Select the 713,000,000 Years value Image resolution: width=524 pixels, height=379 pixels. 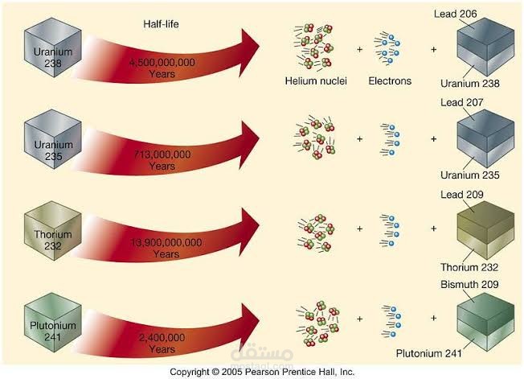[x=162, y=160]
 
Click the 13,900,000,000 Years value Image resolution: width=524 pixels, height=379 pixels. [x=166, y=247]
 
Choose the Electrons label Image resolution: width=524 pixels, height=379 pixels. [x=390, y=81]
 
